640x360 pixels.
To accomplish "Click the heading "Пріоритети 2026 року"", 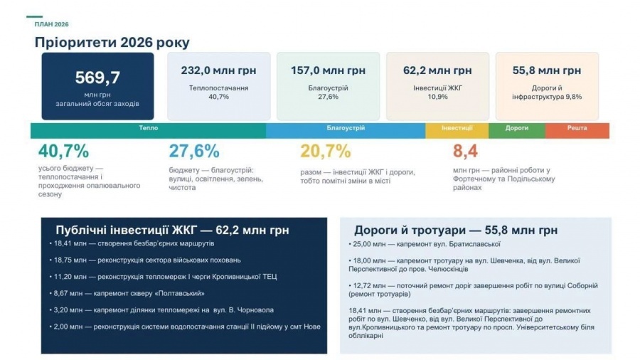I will (x=112, y=43).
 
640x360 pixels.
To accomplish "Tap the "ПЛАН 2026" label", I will (x=51, y=24).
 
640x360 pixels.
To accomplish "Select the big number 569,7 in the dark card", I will (x=97, y=77).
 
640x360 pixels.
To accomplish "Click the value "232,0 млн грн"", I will (x=218, y=70).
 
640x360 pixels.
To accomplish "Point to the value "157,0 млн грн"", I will (x=328, y=70).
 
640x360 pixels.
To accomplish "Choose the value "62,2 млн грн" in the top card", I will (x=437, y=70).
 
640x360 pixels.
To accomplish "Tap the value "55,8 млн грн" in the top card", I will (x=546, y=70).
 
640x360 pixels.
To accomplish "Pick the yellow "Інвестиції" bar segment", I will (x=457, y=129).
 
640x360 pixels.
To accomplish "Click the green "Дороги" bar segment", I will (x=516, y=129).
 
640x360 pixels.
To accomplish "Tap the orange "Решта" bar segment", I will (x=577, y=129).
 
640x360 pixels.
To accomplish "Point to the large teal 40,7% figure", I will (x=63, y=151).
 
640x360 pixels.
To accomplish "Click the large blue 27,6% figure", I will (x=194, y=151).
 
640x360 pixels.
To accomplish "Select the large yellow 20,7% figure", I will (x=326, y=151).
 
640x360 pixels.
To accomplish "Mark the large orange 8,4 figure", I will (x=465, y=151).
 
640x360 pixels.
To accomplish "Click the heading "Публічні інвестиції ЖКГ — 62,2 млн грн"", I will (x=172, y=231).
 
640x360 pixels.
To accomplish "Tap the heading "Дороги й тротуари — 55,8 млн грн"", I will (x=456, y=231).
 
